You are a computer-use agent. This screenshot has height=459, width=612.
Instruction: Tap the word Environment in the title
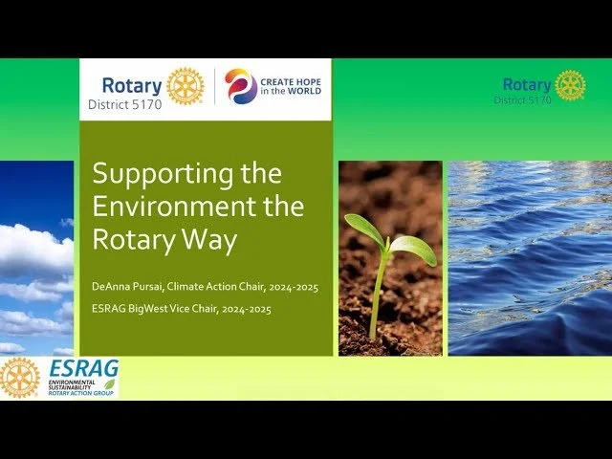[x=185, y=207]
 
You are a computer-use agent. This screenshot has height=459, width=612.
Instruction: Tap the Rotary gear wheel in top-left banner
[x=186, y=86]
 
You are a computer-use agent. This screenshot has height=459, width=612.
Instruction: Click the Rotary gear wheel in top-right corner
[x=571, y=85]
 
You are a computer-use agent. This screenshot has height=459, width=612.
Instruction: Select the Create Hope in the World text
[x=292, y=86]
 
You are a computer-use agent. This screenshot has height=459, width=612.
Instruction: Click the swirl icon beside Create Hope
[x=241, y=86]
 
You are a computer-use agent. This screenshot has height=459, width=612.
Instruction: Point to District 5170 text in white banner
[x=124, y=105]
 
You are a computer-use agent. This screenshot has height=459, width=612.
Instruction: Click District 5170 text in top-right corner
[x=522, y=99]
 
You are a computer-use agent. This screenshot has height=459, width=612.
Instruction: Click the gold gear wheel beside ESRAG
[x=20, y=378]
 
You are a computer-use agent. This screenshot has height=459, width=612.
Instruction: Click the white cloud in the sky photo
[x=33, y=249]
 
